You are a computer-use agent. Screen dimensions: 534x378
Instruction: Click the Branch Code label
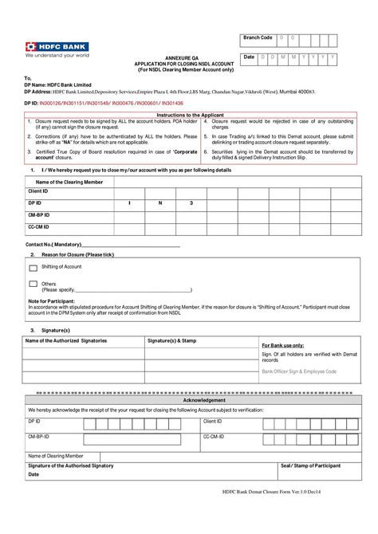[x=258, y=37]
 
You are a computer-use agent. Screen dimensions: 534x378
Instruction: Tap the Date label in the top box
[x=250, y=57]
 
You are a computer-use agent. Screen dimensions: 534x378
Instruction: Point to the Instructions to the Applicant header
[x=189, y=116]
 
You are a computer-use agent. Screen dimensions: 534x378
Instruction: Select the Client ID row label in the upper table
[x=38, y=192]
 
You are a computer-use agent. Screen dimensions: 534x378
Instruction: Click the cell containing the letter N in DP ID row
[x=159, y=204]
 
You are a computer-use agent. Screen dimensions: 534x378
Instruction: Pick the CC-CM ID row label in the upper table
[x=39, y=226]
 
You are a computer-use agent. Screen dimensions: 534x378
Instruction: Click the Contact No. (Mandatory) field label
[x=53, y=244]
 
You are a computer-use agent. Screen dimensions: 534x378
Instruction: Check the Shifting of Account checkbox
[x=33, y=267]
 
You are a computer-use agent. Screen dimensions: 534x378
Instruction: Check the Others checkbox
[x=33, y=284]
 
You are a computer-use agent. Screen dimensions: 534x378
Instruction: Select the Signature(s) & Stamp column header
[x=171, y=340]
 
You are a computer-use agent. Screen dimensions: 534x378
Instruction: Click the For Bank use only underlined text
[x=283, y=346]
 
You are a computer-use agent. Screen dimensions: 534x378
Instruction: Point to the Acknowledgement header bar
[x=188, y=400]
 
